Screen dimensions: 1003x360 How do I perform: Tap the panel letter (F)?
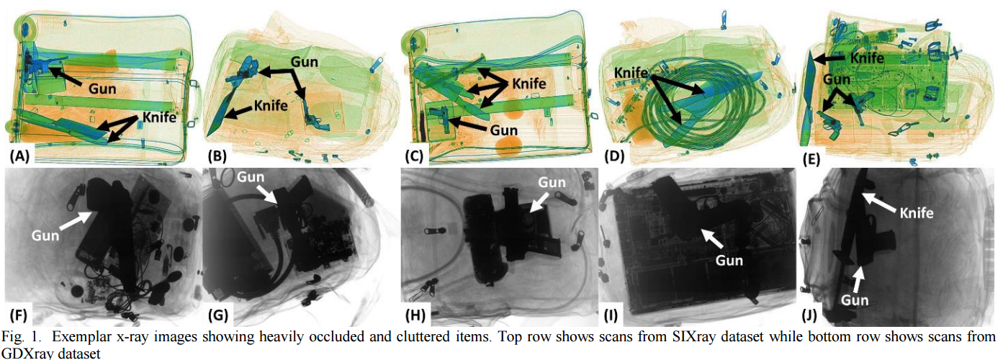pos(18,315)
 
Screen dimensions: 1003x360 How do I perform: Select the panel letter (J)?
pos(809,315)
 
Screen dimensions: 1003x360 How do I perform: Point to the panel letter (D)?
pos(614,156)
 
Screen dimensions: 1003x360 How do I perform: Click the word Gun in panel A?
pos(102,89)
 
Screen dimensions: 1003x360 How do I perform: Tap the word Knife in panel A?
pos(159,117)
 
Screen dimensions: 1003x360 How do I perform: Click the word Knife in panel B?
pos(271,106)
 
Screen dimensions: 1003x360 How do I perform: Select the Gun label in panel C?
pos(504,130)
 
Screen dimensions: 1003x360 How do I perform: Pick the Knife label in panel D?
pos(631,73)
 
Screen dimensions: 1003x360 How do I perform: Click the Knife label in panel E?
pos(867,58)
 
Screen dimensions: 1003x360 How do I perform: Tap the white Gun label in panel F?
pos(45,235)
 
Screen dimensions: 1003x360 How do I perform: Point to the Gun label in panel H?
pos(552,182)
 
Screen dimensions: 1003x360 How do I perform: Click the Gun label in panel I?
pos(729,260)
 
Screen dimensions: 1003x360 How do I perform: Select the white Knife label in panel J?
pos(917,212)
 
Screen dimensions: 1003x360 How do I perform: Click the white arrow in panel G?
pos(266,194)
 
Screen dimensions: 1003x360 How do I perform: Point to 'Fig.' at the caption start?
pos(12,337)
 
